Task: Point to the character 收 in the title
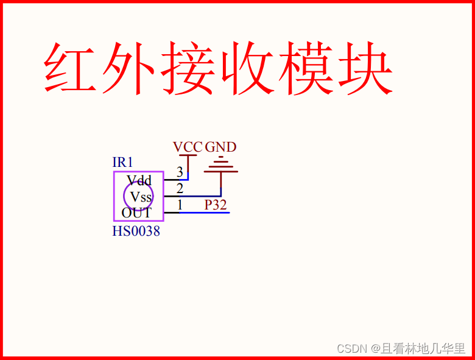247,68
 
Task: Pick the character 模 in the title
306,68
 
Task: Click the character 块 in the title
364,68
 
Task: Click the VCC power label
187,147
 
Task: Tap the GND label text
220,147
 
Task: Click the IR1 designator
122,163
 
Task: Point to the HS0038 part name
136,231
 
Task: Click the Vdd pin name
139,181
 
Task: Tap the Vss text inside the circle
141,197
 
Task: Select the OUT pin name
136,213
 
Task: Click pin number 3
180,172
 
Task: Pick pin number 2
180,188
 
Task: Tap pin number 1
180,205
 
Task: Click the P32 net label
216,205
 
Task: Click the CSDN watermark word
351,348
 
